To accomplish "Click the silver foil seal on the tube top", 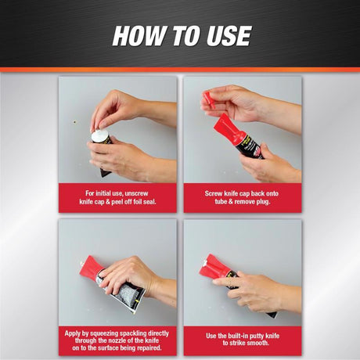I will pos(99,135).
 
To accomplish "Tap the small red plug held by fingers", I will pos(207,98).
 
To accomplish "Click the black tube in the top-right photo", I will pos(250,144).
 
